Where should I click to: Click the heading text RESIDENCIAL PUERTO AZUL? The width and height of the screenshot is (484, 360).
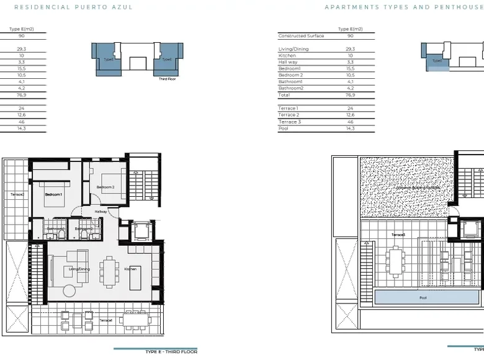pos(73,7)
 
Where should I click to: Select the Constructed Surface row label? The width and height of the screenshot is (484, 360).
pos(301,36)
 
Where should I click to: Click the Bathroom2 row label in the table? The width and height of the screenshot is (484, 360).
pos(290,88)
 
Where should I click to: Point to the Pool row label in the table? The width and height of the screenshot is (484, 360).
pos(284,128)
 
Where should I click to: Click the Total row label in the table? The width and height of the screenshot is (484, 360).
pos(284,95)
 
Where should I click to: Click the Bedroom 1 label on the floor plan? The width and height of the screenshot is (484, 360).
pos(54,195)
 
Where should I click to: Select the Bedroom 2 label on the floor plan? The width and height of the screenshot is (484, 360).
pos(105,187)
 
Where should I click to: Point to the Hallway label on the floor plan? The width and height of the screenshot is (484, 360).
pos(101,212)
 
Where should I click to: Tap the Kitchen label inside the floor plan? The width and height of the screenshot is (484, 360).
pos(130,269)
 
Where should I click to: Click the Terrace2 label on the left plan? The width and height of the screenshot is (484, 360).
pos(17,195)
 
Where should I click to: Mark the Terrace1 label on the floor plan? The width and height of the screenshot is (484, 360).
pos(105,320)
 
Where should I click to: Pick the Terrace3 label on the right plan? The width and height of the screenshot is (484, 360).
pos(398,235)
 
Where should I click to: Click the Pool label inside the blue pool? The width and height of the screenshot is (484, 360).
pos(423,298)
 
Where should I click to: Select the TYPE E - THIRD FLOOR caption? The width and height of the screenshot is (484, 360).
pos(171,352)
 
